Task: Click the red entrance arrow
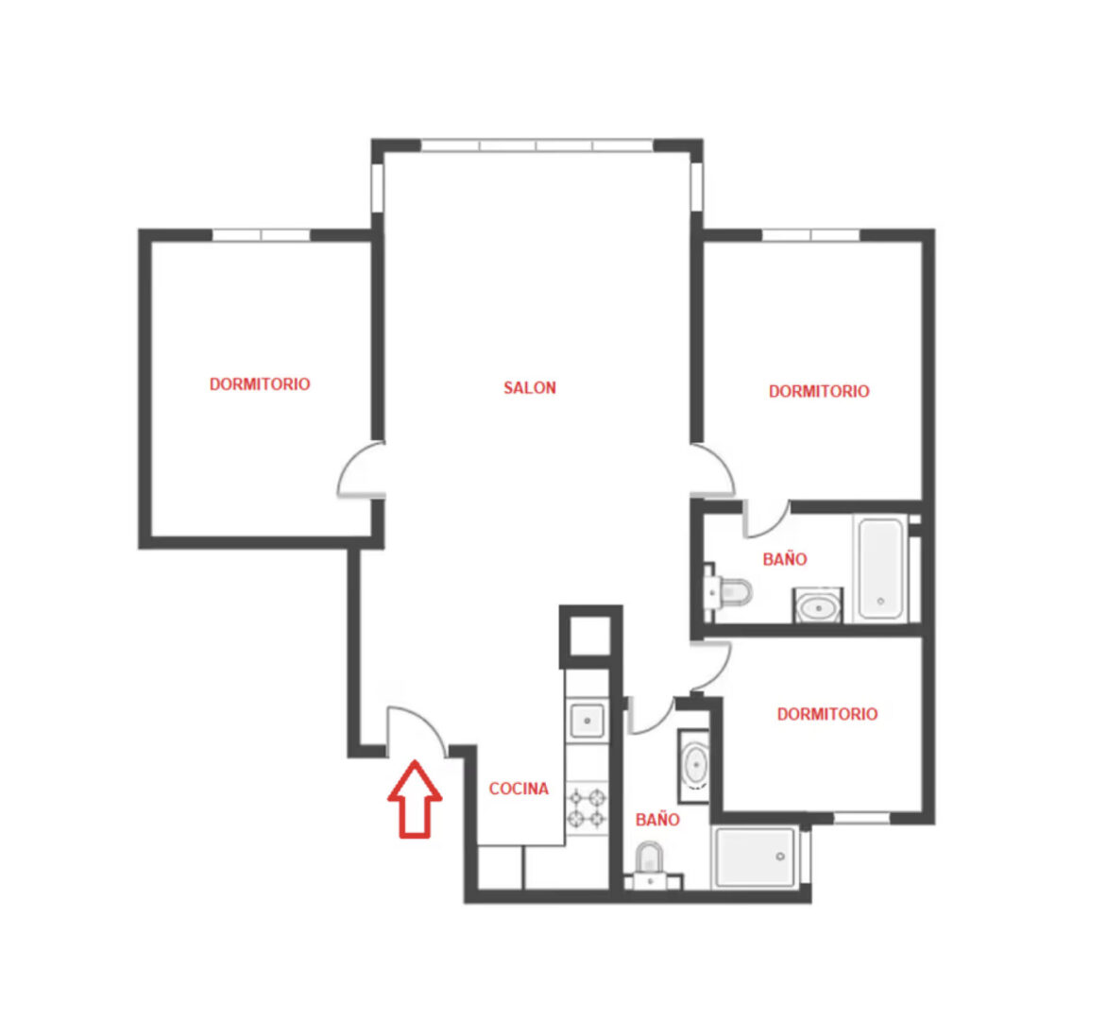[416, 799]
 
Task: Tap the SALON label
[530, 387]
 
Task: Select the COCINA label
[519, 789]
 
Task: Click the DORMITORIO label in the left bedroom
[260, 384]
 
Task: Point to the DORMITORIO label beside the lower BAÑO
[827, 714]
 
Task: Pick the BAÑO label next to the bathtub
[785, 559]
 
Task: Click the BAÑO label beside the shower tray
[657, 820]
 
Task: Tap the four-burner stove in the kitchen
[588, 809]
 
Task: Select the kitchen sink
[587, 721]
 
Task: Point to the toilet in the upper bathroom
[728, 592]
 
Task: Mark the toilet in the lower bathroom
[650, 865]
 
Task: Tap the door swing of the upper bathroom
[765, 518]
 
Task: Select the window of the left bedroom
[262, 235]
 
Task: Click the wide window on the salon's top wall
[536, 145]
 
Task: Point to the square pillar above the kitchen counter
[590, 636]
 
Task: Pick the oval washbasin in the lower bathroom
[695, 764]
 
